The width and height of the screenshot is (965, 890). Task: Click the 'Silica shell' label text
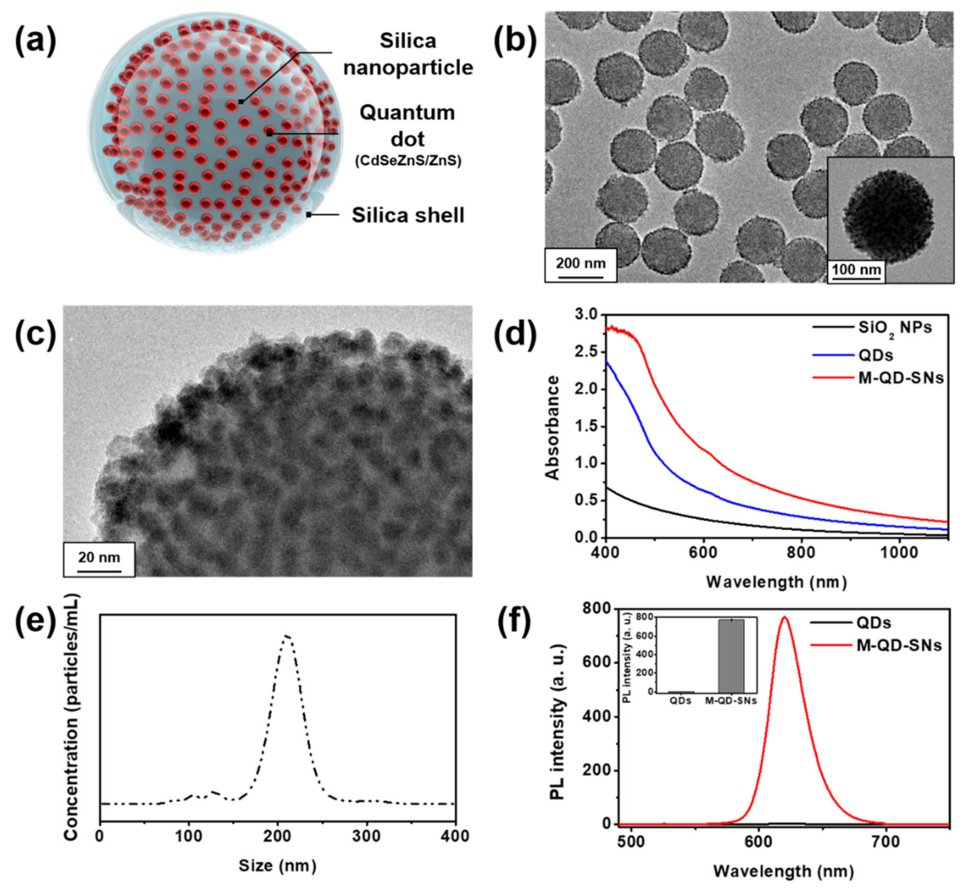(x=408, y=215)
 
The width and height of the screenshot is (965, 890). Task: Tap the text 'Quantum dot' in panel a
(x=407, y=125)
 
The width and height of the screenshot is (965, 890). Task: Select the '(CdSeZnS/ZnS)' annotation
(x=408, y=161)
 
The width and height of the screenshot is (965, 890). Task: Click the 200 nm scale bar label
(x=581, y=263)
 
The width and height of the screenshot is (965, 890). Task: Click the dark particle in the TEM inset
(x=888, y=215)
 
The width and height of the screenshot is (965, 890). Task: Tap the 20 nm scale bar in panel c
(x=99, y=559)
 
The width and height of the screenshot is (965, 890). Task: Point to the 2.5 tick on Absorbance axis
(x=587, y=352)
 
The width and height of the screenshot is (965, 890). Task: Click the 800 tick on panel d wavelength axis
(x=801, y=552)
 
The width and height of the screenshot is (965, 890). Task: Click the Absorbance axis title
(x=553, y=427)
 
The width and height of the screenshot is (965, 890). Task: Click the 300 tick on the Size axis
(x=366, y=836)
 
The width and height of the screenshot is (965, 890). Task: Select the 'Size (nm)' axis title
(x=277, y=865)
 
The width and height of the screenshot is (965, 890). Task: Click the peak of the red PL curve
(x=784, y=617)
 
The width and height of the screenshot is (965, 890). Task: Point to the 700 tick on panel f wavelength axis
(x=885, y=842)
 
